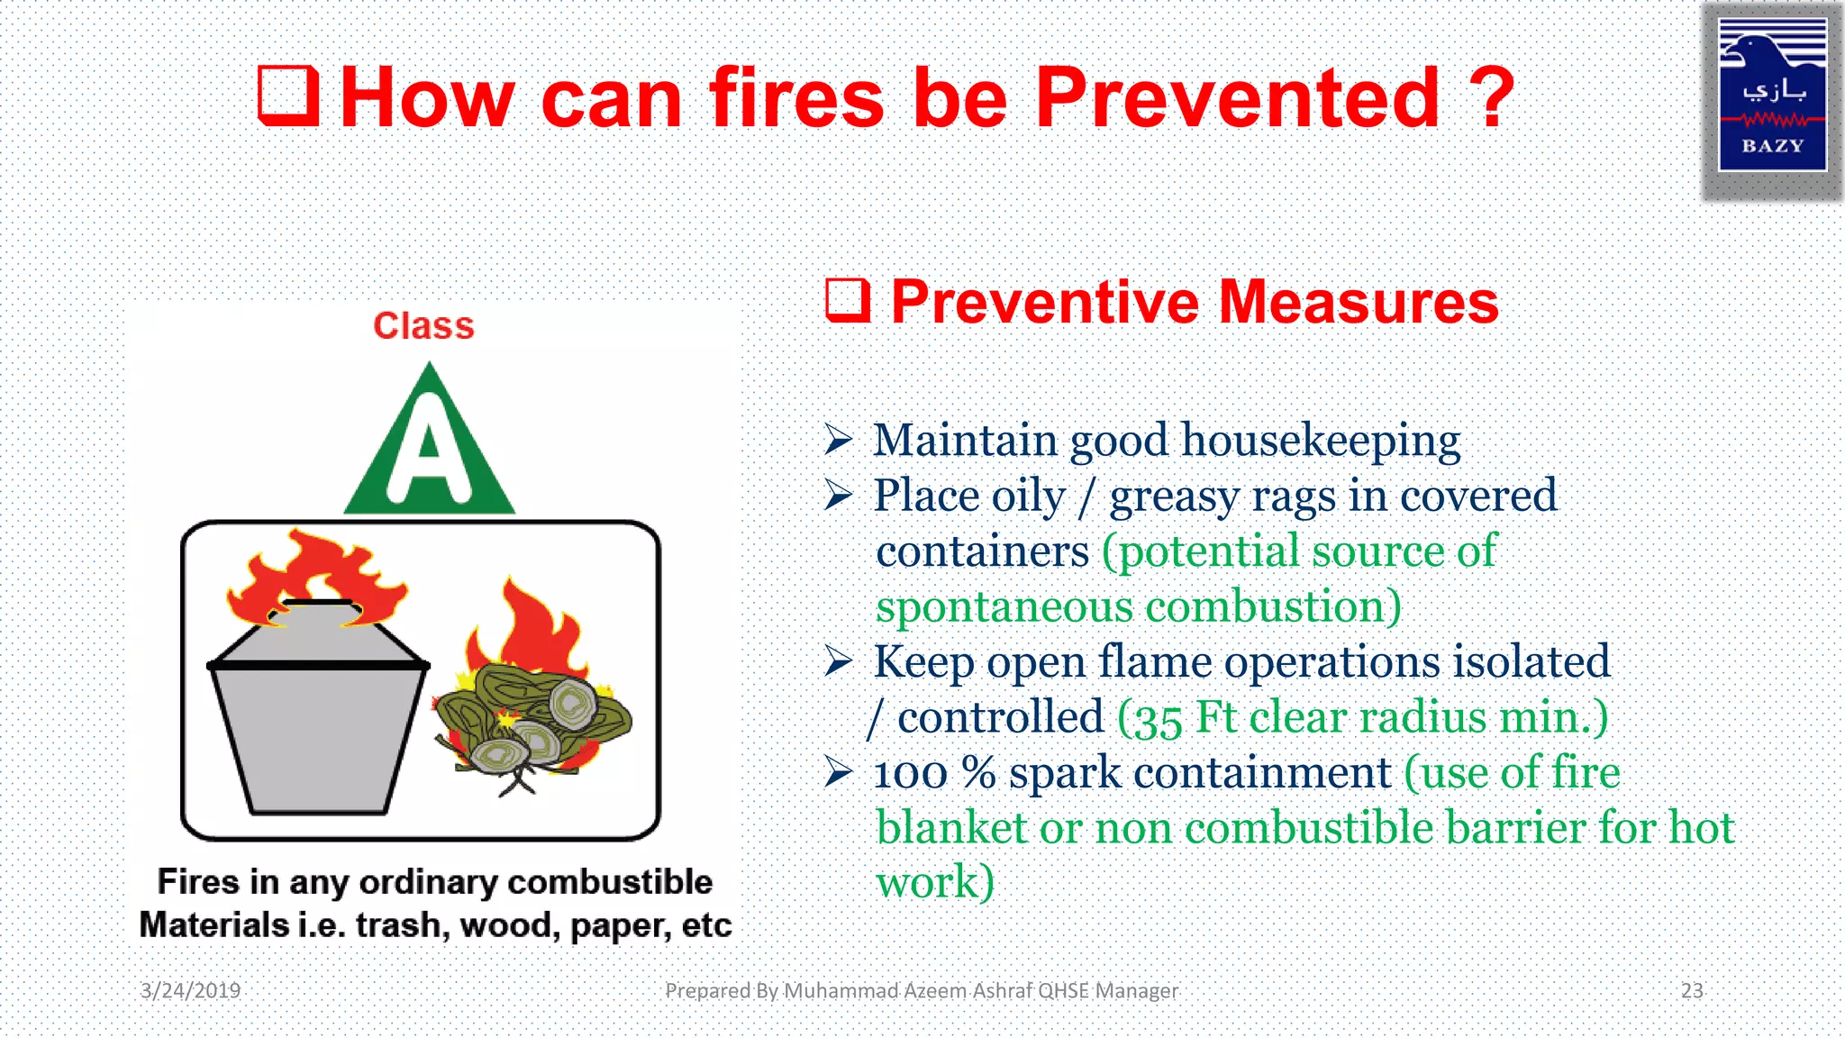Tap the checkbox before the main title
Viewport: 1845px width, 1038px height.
pos(288,95)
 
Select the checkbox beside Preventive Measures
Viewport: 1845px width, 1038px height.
pos(848,300)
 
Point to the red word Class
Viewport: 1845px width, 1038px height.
pos(423,325)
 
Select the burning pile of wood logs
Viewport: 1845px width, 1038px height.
pos(533,721)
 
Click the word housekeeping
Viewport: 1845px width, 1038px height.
pos(1320,441)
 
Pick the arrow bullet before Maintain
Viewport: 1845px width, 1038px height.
pos(838,440)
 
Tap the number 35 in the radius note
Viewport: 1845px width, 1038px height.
pos(1157,720)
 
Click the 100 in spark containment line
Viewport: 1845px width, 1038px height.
pos(910,773)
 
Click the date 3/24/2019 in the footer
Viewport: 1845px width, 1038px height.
pos(190,990)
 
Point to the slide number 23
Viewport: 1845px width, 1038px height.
pos(1692,990)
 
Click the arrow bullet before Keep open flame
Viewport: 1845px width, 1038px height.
pos(838,662)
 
